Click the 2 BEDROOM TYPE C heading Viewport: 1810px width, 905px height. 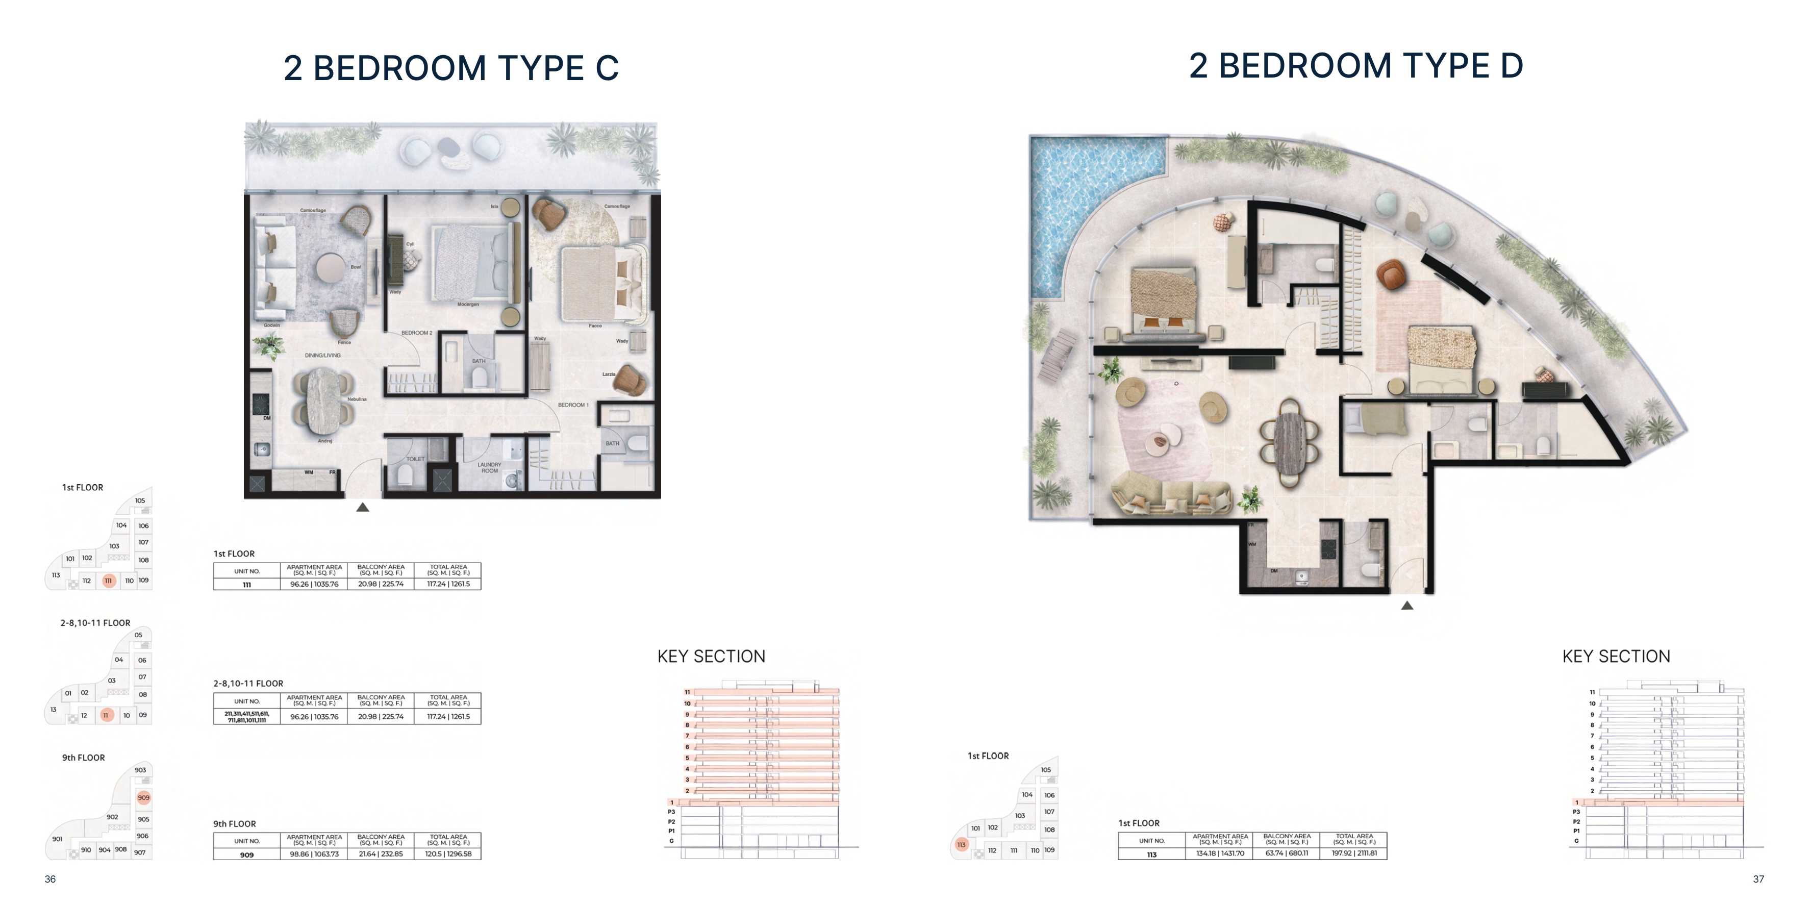pyautogui.click(x=450, y=68)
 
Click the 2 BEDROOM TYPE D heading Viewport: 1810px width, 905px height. pyautogui.click(x=1355, y=65)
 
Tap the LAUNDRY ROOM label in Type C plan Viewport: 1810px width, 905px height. pyautogui.click(x=489, y=467)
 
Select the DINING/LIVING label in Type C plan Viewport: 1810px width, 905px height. pyautogui.click(x=322, y=356)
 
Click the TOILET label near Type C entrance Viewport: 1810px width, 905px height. pyautogui.click(x=415, y=459)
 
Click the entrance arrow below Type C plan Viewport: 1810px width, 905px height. pyautogui.click(x=363, y=507)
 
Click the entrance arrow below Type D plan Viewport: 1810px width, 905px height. pyautogui.click(x=1406, y=605)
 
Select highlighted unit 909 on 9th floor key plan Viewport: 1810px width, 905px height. pyautogui.click(x=143, y=797)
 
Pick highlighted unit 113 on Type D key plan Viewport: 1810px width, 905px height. pyautogui.click(x=961, y=845)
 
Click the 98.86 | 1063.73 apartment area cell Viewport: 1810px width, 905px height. pyautogui.click(x=314, y=854)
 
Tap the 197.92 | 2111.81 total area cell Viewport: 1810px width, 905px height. pyautogui.click(x=1354, y=853)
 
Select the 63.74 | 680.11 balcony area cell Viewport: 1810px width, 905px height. pyautogui.click(x=1287, y=853)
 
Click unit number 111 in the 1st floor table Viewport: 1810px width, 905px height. pyautogui.click(x=246, y=585)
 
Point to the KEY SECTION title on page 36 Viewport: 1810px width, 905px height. pyautogui.click(x=711, y=656)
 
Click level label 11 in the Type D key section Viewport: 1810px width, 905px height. pyautogui.click(x=1592, y=692)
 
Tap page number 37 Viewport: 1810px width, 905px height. pyautogui.click(x=1758, y=879)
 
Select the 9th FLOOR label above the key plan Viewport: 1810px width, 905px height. pyautogui.click(x=84, y=758)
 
